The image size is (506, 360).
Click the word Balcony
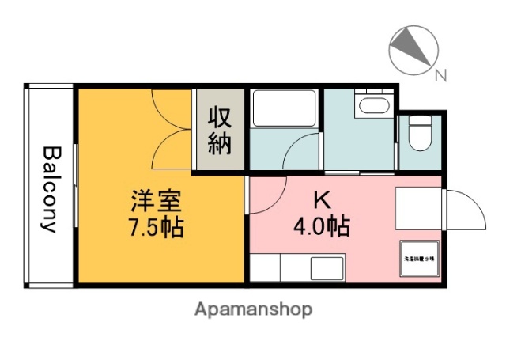pyautogui.click(x=51, y=188)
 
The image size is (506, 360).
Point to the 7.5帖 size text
pyautogui.click(x=156, y=228)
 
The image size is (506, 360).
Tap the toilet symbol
pyautogui.click(x=419, y=135)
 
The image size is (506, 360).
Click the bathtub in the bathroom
pyautogui.click(x=284, y=108)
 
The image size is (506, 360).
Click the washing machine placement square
pyautogui.click(x=420, y=258)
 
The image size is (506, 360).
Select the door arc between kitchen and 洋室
pyautogui.click(x=267, y=195)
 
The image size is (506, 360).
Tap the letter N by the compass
pyautogui.click(x=440, y=76)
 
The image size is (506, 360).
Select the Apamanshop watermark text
pyautogui.click(x=253, y=309)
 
